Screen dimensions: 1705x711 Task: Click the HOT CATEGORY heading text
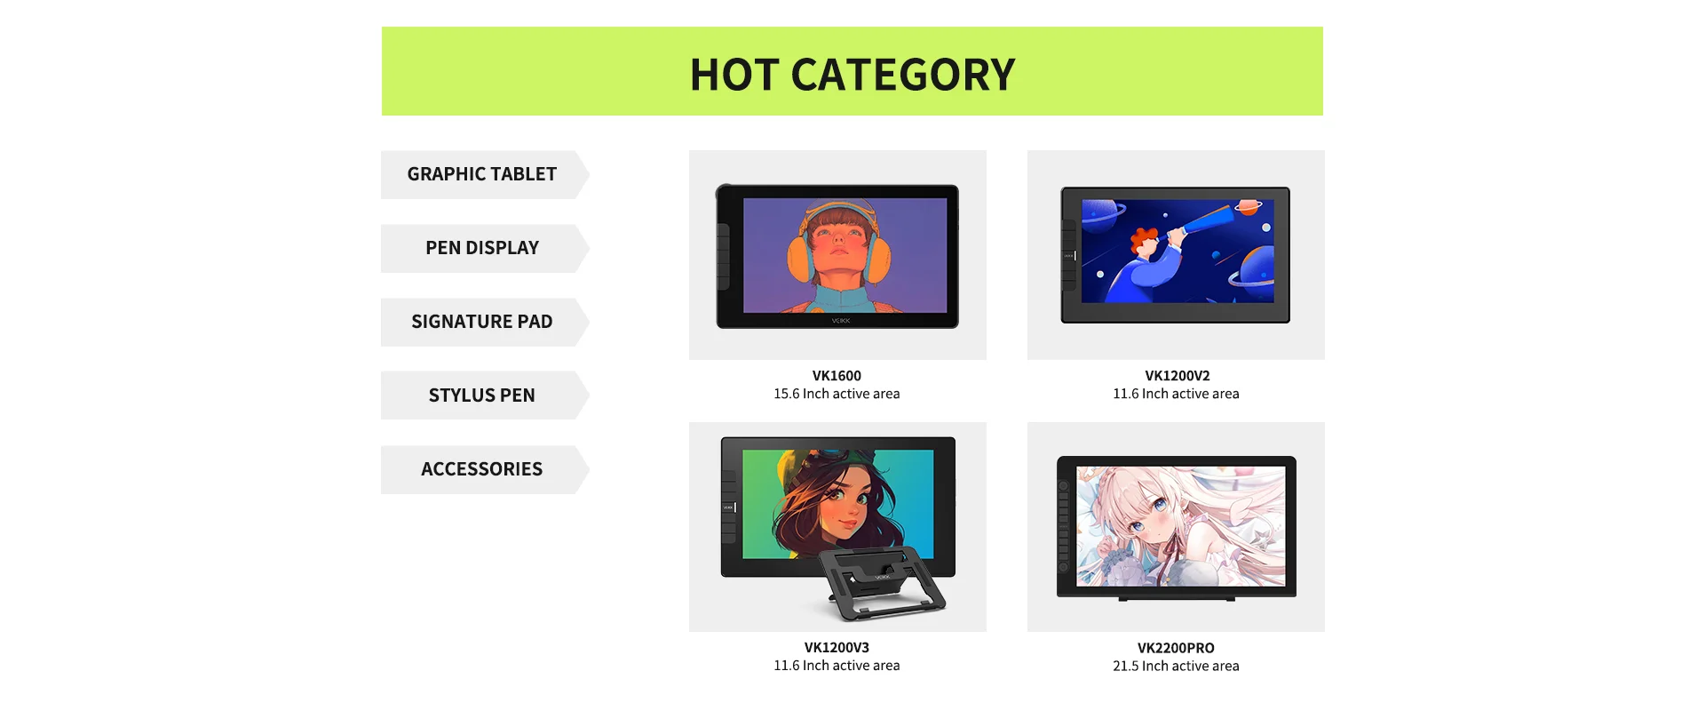(852, 75)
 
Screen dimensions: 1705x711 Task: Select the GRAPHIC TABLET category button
(485, 174)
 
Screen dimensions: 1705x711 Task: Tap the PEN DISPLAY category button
(485, 248)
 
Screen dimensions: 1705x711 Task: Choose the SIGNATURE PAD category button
(485, 322)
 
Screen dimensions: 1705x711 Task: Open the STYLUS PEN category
(485, 395)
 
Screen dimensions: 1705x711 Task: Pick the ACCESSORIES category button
(485, 469)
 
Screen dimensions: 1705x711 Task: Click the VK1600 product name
(837, 376)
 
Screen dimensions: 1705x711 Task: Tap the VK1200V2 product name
(1177, 376)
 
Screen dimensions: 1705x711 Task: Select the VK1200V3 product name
(837, 648)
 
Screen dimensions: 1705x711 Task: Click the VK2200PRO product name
(1176, 649)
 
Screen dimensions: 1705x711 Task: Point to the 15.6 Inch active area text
(837, 394)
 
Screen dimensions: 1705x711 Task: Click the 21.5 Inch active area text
(1176, 667)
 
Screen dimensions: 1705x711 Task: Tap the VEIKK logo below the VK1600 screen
(840, 321)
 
